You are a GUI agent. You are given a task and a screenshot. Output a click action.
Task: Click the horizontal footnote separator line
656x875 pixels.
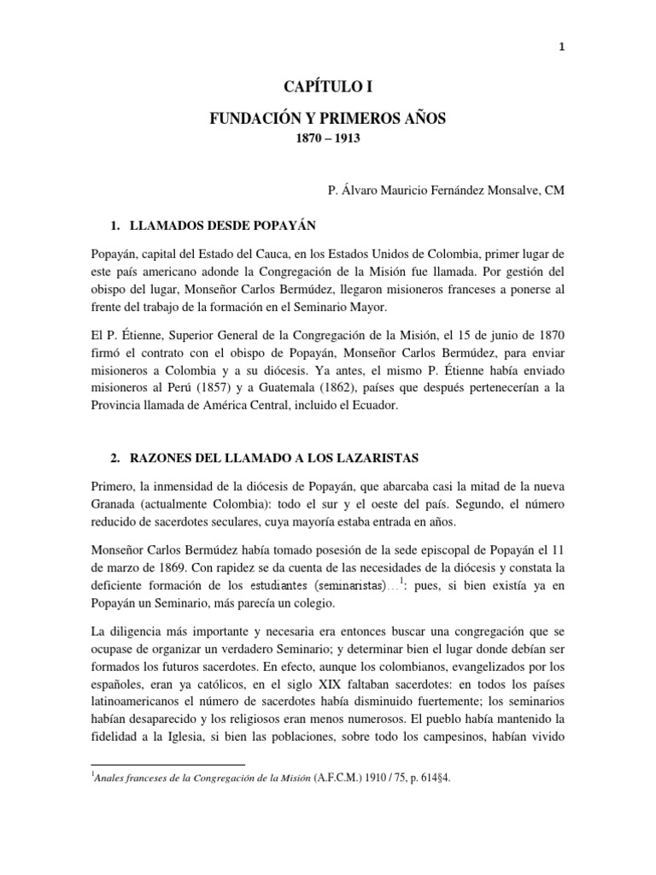[x=167, y=764]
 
